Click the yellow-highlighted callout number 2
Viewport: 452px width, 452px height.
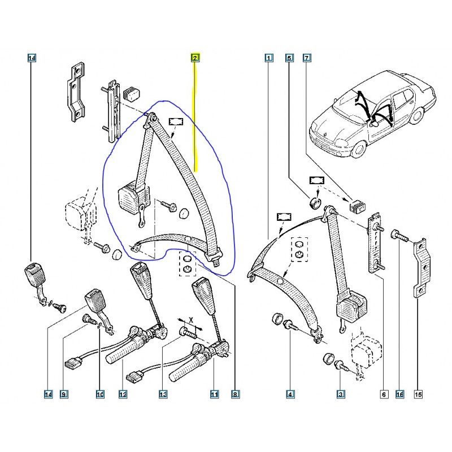[195, 58]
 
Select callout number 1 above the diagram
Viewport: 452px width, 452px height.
[268, 58]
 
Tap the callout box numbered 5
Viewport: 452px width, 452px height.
[289, 58]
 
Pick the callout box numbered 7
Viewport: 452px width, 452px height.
[307, 58]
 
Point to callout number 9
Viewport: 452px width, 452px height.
[64, 394]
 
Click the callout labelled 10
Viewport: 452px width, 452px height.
[99, 394]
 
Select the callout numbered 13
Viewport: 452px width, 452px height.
[163, 394]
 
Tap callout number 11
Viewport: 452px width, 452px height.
[215, 394]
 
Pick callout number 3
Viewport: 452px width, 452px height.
[341, 394]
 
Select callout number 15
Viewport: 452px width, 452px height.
[418, 394]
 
